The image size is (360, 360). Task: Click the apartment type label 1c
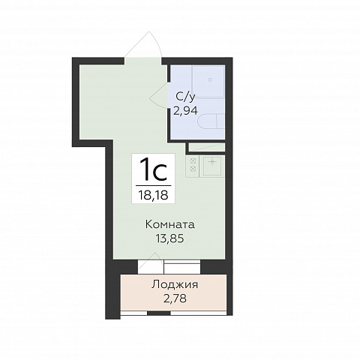(153, 169)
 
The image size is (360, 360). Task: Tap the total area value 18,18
(154, 195)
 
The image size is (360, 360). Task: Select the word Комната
(170, 224)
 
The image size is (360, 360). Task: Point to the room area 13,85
(170, 238)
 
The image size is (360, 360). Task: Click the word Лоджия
(175, 285)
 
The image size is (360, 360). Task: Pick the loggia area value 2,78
(175, 298)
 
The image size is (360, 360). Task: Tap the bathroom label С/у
(185, 97)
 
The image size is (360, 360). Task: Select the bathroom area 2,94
(186, 110)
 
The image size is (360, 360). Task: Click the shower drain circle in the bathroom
(210, 79)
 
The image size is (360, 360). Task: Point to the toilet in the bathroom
(211, 121)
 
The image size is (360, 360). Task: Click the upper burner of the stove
(193, 160)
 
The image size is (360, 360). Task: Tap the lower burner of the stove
(193, 169)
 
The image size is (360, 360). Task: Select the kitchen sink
(212, 166)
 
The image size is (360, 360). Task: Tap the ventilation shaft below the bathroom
(206, 147)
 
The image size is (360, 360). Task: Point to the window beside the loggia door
(182, 267)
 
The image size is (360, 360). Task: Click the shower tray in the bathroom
(208, 82)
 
